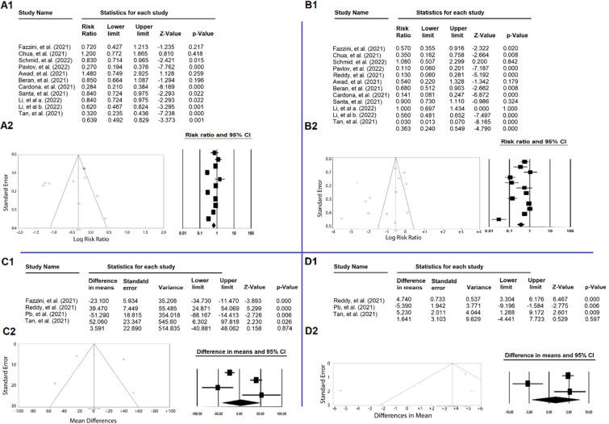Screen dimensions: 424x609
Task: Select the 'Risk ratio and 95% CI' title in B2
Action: click(524, 141)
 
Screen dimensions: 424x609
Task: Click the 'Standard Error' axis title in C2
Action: click(9, 373)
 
